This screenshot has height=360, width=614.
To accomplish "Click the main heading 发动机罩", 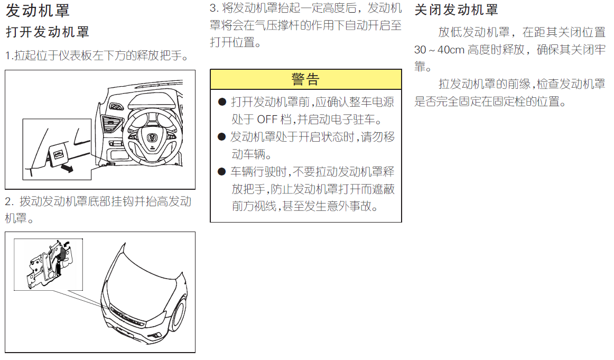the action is (38, 11).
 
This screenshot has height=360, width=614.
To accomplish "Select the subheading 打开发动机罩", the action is (48, 32).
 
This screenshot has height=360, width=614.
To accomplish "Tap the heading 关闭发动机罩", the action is (456, 10).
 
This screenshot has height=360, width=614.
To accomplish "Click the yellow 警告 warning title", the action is (306, 79).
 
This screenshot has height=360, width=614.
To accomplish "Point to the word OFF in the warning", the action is (267, 119).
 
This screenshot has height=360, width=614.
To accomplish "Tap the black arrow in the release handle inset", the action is (67, 169).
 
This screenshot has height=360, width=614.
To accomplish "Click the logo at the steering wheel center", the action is (152, 137).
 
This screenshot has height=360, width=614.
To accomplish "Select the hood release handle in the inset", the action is (58, 154).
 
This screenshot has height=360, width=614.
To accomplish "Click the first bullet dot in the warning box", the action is (222, 102).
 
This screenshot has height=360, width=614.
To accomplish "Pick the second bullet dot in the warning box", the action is (222, 137).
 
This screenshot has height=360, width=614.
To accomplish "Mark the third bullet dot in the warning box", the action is (222, 172).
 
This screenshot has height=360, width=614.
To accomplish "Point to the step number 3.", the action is (213, 8).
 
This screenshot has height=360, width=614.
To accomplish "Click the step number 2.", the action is (8, 202).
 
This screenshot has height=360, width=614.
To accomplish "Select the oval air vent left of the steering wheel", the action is (116, 106).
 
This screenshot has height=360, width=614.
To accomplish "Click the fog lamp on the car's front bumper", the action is (156, 335).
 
